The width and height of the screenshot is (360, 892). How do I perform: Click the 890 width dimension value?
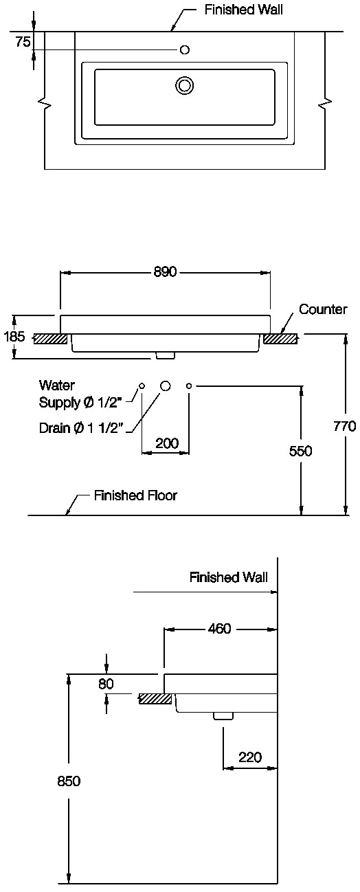point(165,271)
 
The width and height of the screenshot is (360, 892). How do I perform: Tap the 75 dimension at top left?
point(23,41)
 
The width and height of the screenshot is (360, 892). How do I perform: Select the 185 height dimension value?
point(14,337)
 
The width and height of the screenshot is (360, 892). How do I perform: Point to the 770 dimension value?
point(344,426)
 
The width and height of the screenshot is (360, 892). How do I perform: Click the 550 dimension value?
point(301,451)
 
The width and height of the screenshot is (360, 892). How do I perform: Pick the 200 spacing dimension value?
point(167,443)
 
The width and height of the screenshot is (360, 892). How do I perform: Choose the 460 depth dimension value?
point(219,628)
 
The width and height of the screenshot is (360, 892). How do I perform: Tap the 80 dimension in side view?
point(106,684)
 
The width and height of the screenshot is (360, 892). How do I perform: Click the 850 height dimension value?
point(69,781)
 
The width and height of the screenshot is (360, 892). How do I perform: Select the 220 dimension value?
point(250,757)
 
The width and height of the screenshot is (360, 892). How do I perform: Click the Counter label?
point(323,309)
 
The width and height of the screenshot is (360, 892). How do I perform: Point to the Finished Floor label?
point(135,495)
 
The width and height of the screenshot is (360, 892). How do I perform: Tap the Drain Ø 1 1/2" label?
point(80,427)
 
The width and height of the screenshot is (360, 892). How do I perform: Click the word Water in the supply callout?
point(57,385)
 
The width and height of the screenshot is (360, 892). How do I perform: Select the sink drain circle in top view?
point(184,85)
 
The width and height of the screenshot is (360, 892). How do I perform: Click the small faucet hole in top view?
point(185,49)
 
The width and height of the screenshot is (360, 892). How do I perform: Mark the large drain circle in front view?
point(166,386)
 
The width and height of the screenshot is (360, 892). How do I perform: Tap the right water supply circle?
point(189,386)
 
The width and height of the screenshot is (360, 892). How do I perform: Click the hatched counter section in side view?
point(155,699)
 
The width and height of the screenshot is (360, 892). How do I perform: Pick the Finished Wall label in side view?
point(228,577)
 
